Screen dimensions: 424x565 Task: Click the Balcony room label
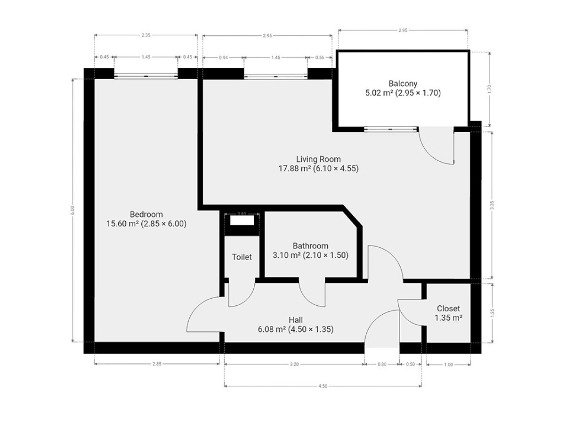403,84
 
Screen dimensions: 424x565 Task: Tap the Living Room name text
318,159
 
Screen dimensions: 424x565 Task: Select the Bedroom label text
146,214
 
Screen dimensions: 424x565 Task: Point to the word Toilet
242,257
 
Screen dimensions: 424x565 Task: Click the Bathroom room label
310,246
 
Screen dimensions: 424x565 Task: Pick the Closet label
448,309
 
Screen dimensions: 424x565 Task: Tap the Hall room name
296,320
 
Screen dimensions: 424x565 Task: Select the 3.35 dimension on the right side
492,205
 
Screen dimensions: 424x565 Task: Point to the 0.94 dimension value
223,57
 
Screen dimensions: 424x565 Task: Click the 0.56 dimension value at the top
320,57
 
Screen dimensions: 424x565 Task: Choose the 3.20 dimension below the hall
294,364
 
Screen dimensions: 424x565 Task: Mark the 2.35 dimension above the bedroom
146,35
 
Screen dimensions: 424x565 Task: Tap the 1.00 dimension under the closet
448,364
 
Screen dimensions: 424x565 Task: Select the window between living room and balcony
391,129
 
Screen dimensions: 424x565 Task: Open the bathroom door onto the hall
312,294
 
